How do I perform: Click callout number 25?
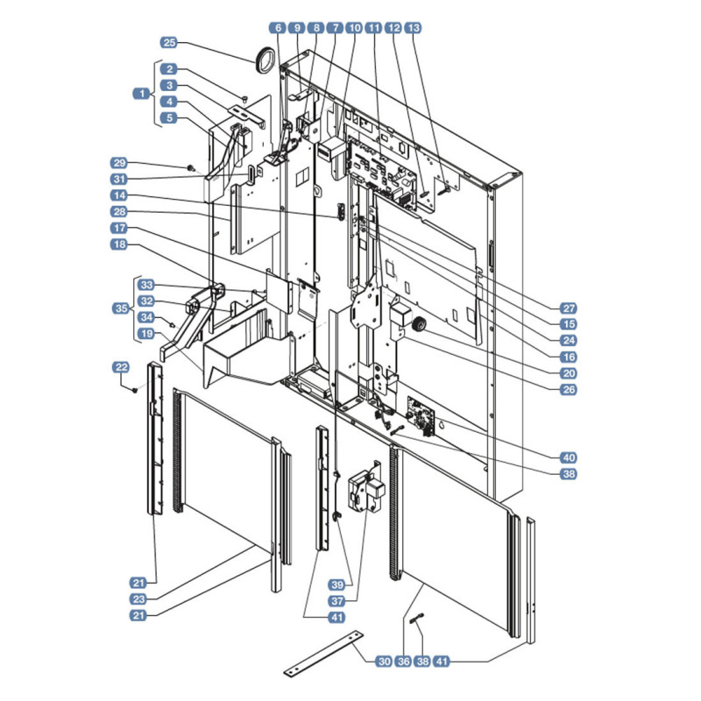point(169,42)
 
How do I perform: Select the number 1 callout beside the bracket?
point(142,94)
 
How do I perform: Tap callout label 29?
point(119,163)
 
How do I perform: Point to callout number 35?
point(121,308)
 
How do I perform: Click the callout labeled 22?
point(121,367)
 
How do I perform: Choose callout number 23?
point(138,599)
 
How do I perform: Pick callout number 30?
point(384,662)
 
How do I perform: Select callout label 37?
point(337,601)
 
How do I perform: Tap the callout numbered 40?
point(569,457)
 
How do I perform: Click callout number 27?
point(569,308)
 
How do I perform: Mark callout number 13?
point(413,28)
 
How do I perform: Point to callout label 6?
point(278,28)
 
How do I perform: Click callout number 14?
point(119,195)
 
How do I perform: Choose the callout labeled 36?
point(403,662)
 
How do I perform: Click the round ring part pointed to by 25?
point(265,59)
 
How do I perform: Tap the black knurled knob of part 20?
point(419,324)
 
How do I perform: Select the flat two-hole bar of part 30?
point(323,653)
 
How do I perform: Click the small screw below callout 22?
point(134,390)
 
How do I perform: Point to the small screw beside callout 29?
point(190,168)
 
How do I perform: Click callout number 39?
point(337,584)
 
